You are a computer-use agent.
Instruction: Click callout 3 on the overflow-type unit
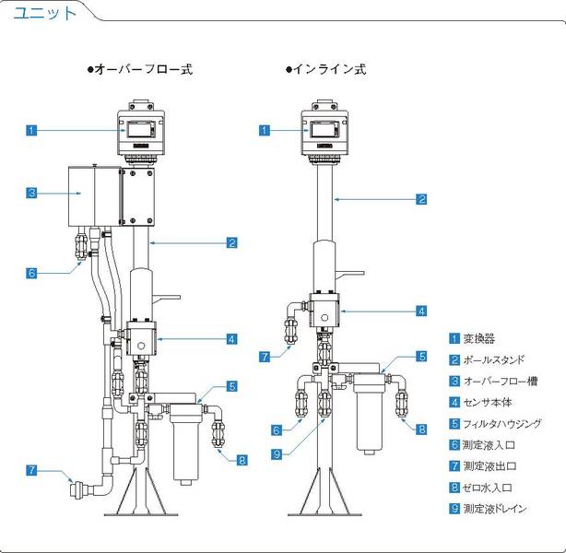(x=31, y=194)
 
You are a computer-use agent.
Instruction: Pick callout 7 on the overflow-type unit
(x=31, y=471)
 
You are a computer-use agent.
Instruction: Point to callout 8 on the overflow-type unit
(x=242, y=460)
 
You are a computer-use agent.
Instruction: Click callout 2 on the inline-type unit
(x=421, y=198)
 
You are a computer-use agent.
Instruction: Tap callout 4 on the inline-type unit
(x=421, y=311)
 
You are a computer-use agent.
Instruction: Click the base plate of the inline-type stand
(x=326, y=513)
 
